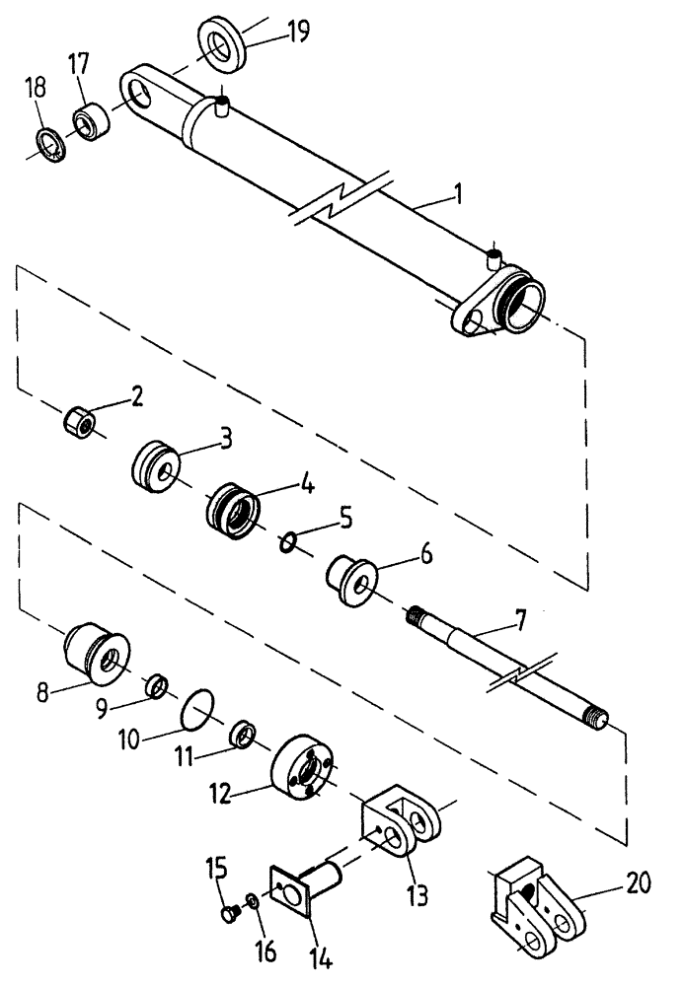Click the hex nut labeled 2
(x=78, y=425)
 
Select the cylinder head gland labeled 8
(x=94, y=651)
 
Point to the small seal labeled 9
(x=155, y=685)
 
